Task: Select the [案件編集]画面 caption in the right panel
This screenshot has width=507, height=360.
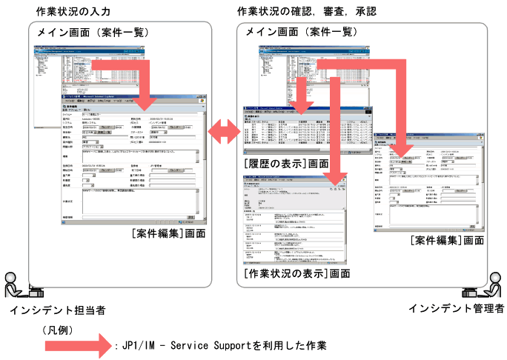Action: pyautogui.click(x=447, y=241)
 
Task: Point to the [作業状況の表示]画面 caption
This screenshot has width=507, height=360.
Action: pyautogui.click(x=296, y=273)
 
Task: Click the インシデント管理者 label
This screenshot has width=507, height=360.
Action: pyautogui.click(x=457, y=307)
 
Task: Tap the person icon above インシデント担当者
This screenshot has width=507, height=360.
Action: pyautogui.click(x=13, y=283)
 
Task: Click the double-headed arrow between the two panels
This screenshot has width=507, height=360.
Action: pyautogui.click(x=220, y=133)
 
